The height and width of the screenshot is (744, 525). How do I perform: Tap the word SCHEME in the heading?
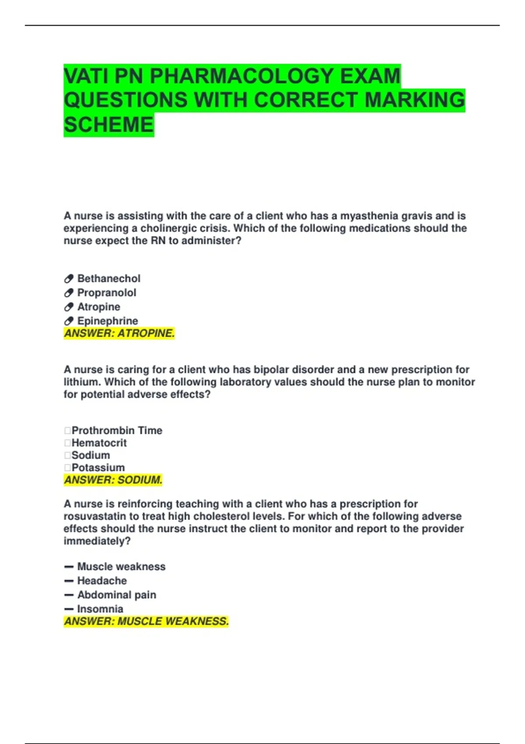pos(109,125)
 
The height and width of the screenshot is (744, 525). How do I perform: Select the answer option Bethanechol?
pos(109,279)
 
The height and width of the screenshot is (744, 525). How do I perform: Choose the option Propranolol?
pos(107,293)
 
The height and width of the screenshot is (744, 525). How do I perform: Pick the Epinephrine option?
pos(108,321)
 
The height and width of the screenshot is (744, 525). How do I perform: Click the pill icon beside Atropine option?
pos(69,307)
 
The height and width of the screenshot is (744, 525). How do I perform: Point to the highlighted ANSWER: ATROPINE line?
pos(119,333)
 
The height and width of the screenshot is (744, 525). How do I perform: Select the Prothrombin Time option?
pos(117,431)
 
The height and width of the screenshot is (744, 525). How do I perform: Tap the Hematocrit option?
pos(99,443)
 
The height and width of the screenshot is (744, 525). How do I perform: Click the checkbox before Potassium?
pos(67,468)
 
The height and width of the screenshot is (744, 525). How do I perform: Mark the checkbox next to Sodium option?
pos(67,456)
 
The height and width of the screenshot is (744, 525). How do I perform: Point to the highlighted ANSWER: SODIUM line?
pos(113,480)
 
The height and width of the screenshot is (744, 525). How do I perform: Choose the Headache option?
pos(102,581)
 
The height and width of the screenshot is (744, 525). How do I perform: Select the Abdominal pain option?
pos(116,595)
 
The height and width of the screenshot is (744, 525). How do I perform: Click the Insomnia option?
pos(100,609)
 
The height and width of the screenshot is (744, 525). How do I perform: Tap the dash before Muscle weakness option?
pos(69,567)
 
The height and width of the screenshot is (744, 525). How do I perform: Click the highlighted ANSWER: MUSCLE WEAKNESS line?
pos(146,621)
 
